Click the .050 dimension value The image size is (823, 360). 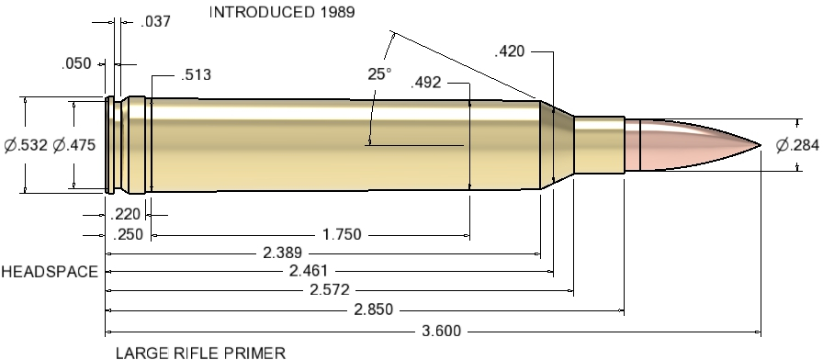pyautogui.click(x=76, y=64)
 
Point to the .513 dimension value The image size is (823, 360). pyautogui.click(x=197, y=75)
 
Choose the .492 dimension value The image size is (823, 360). pyautogui.click(x=427, y=82)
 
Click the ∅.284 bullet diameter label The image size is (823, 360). pyautogui.click(x=796, y=145)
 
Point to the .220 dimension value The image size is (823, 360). pyautogui.click(x=125, y=216)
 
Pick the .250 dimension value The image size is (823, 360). pyautogui.click(x=125, y=235)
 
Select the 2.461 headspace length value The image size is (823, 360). pyautogui.click(x=310, y=272)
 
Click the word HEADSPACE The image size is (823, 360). pyautogui.click(x=49, y=273)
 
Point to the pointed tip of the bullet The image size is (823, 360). pyautogui.click(x=761, y=145)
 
